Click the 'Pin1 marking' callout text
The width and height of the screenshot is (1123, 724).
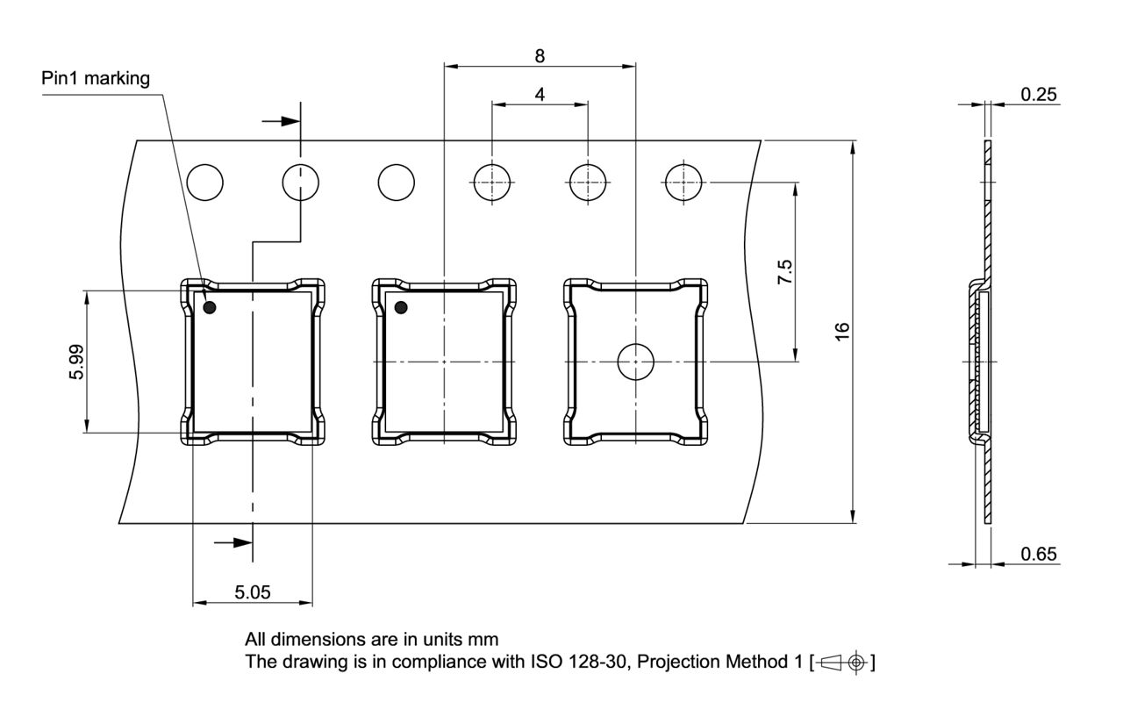96,79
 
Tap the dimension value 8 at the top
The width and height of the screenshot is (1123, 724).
540,55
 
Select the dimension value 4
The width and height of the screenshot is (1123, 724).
540,94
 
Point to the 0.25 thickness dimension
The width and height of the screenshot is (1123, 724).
1038,94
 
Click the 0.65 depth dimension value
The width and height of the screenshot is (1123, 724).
1038,554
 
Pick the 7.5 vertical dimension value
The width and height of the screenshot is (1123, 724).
785,272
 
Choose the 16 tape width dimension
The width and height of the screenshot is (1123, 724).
842,332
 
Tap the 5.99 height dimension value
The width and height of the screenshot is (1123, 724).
76,362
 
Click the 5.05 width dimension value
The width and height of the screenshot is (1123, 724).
252,592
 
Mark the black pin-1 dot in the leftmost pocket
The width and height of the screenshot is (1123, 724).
210,307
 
